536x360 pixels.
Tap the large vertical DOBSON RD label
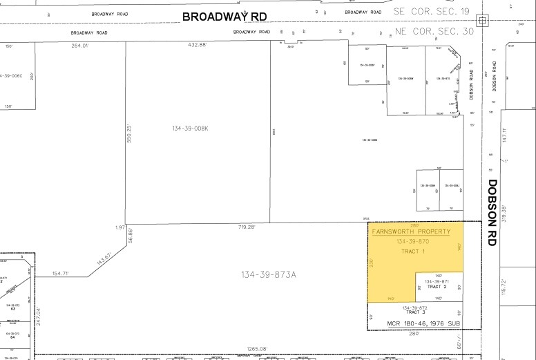492,212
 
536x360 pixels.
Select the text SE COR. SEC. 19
432,12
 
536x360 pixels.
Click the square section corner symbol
482,19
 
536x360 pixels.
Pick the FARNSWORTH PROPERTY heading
411,231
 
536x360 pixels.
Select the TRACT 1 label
413,251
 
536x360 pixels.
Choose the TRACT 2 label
437,287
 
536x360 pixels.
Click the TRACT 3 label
414,312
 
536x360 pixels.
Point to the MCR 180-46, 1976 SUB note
414,323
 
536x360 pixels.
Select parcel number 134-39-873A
268,275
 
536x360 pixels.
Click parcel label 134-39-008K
191,129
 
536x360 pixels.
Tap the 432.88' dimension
198,46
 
